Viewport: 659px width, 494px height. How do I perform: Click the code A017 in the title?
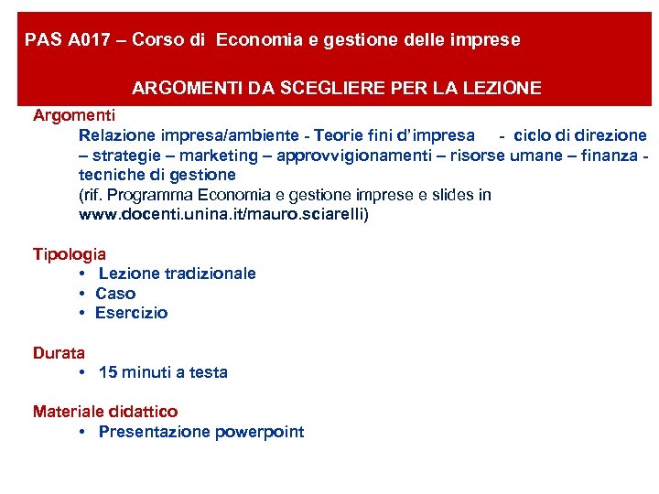[x=96, y=40]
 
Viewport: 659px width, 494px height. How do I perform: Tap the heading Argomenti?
[x=74, y=115]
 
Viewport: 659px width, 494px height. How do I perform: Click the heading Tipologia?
[x=70, y=253]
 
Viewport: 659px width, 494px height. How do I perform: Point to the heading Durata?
[x=59, y=352]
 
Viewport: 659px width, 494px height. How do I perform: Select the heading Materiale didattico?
[x=105, y=412]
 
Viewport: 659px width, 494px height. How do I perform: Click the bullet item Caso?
[x=115, y=294]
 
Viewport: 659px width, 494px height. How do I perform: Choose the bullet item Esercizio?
[x=132, y=313]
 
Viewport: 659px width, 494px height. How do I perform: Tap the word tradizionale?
[x=208, y=274]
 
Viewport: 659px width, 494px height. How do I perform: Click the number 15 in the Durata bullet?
[x=107, y=372]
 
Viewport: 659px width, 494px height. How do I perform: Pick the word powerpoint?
[x=260, y=432]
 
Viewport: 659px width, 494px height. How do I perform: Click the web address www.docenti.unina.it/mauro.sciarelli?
[x=224, y=215]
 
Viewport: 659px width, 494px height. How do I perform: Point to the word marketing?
[x=215, y=155]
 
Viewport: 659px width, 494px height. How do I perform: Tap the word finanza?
[x=605, y=155]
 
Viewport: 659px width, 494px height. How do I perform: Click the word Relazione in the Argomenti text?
[x=117, y=135]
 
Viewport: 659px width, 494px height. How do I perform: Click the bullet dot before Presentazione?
[x=82, y=432]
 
